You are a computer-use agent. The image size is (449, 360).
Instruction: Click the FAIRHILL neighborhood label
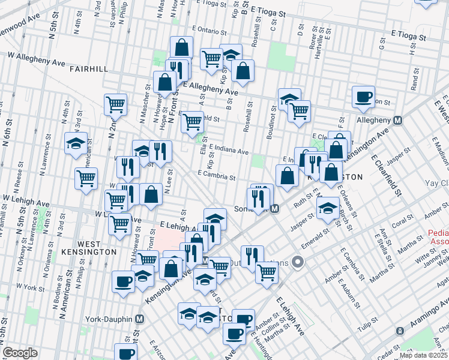[x=88, y=69]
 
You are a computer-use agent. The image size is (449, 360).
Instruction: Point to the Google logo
[x=20, y=353]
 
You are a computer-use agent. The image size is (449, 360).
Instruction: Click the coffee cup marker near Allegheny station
[x=363, y=98]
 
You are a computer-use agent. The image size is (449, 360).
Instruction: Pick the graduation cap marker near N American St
[x=76, y=144]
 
